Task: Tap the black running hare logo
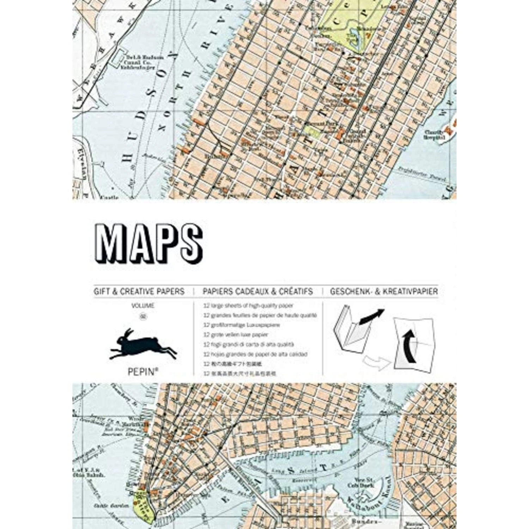click(143, 344)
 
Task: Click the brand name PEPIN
click(143, 371)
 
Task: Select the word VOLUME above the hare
click(143, 306)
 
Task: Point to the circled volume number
click(143, 316)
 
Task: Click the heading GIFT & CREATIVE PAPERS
click(139, 292)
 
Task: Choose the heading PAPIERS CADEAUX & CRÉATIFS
click(257, 292)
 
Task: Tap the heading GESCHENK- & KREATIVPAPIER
click(384, 292)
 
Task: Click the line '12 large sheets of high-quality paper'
click(248, 306)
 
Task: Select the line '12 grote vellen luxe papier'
click(236, 335)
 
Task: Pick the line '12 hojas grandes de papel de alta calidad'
click(255, 354)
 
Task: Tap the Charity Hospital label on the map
click(434, 135)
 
